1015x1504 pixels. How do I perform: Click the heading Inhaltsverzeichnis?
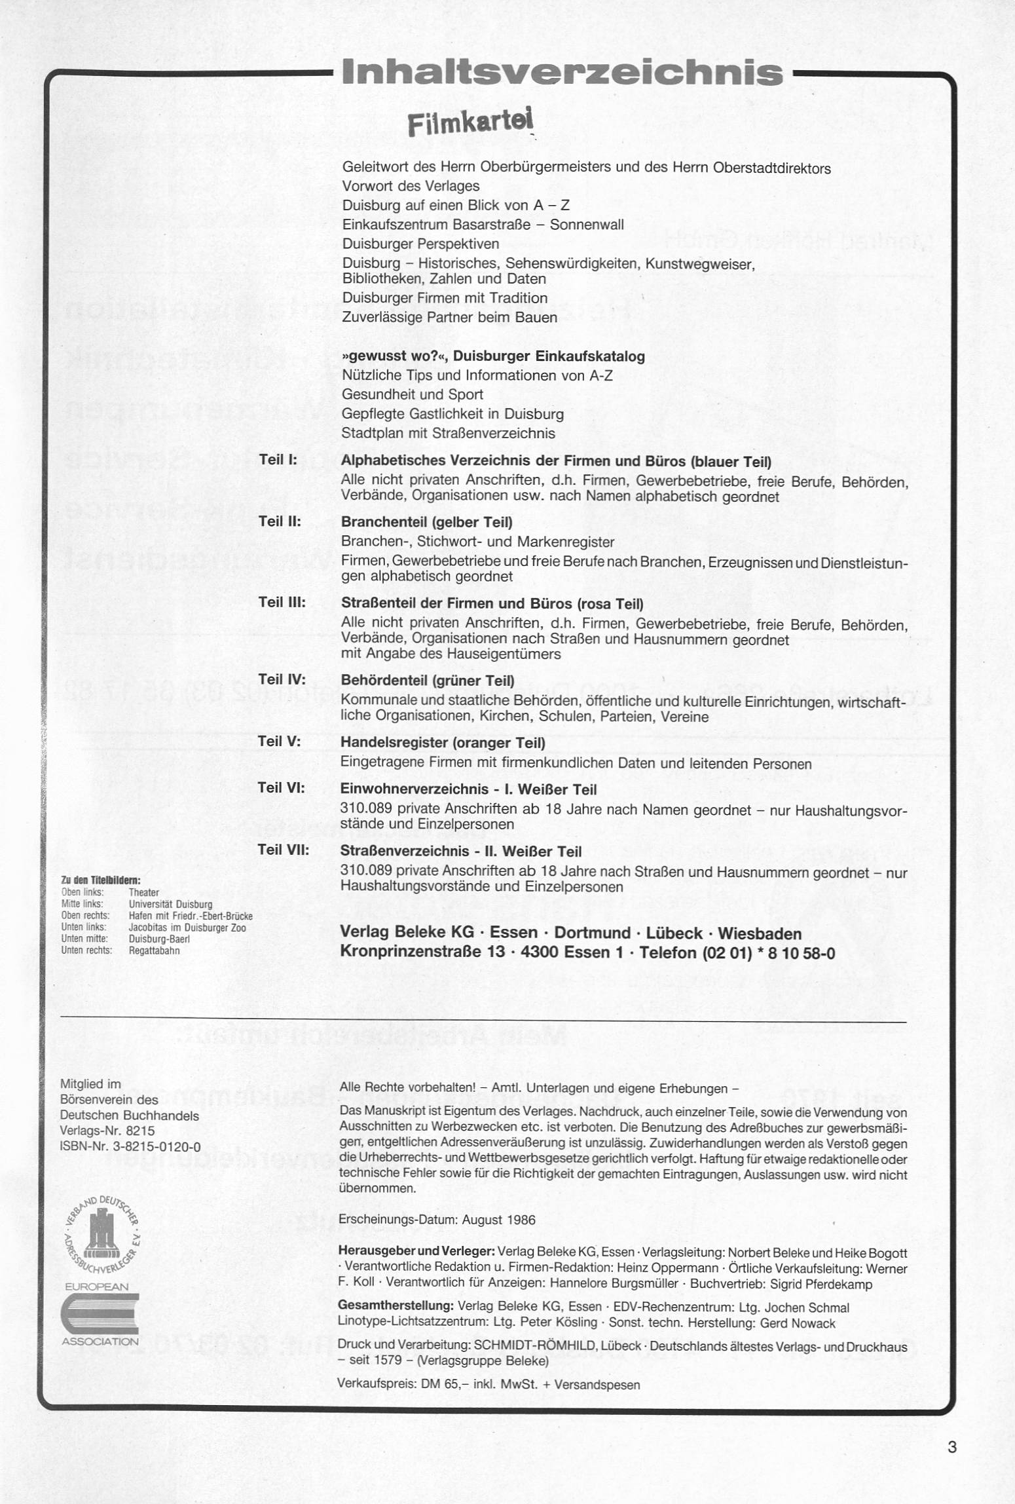click(x=562, y=73)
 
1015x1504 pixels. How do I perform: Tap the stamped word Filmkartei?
click(x=470, y=122)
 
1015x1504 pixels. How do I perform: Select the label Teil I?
click(x=278, y=460)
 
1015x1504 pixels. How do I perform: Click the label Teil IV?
click(x=282, y=680)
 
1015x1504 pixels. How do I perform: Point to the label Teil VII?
click(x=284, y=850)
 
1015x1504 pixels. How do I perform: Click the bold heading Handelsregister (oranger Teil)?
click(x=443, y=743)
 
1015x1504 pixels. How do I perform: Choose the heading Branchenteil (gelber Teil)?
click(x=426, y=522)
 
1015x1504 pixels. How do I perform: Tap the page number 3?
click(x=952, y=1446)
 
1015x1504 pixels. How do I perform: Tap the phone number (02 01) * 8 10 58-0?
click(x=769, y=953)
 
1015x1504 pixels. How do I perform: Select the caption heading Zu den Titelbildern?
click(x=101, y=880)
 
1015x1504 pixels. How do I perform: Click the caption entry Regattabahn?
click(x=154, y=950)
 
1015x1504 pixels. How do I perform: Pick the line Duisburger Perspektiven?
click(x=420, y=244)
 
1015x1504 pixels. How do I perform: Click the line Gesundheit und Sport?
click(x=412, y=394)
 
